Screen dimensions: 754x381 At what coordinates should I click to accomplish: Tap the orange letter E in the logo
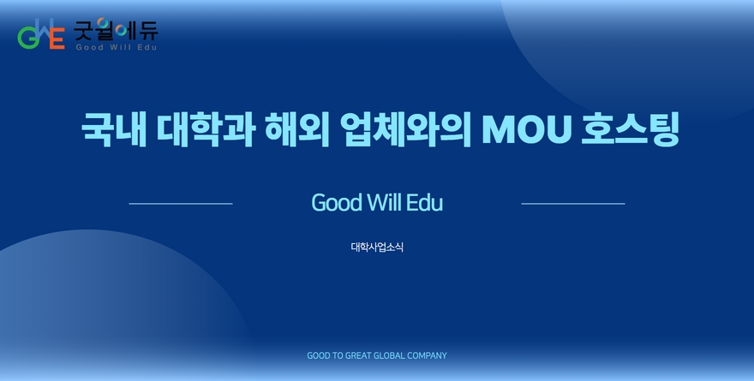coord(57,39)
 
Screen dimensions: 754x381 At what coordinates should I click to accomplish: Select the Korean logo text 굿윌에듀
coord(116,30)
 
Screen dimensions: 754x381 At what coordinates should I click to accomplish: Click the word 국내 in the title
coord(114,129)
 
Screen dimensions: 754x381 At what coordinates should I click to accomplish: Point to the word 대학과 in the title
coord(206,129)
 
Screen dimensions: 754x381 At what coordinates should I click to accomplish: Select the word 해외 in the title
coord(297,129)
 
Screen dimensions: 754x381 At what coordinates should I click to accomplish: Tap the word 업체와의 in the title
coord(405,129)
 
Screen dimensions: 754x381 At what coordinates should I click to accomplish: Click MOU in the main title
coord(527,129)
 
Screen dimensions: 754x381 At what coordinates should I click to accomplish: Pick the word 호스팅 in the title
coord(630,129)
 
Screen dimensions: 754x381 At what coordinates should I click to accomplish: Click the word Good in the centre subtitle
coord(337,203)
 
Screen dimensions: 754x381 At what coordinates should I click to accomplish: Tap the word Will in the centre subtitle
coord(385,202)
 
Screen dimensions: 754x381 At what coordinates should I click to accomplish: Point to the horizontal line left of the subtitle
coord(181,204)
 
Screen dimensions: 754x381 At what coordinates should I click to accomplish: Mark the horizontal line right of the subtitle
coord(573,204)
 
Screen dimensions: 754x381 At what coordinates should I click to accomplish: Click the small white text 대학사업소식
coord(377,247)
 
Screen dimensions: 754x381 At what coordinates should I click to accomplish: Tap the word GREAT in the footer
coord(358,355)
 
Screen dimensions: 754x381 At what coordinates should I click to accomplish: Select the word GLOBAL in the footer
coord(389,355)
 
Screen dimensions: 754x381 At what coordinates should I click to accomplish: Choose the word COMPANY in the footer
coord(427,355)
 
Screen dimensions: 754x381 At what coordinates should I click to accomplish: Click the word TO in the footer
coord(338,355)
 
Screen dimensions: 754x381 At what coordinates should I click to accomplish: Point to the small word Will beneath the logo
coord(117,47)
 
